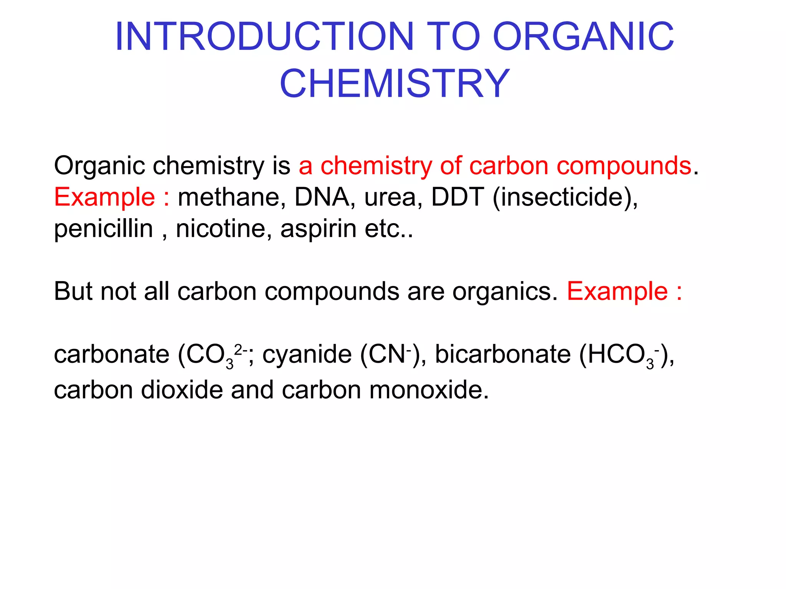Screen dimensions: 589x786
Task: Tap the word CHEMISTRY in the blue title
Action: (x=395, y=84)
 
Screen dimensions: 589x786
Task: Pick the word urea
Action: (x=393, y=198)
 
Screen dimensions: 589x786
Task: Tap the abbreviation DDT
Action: (x=457, y=197)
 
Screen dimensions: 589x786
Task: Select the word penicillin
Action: (x=104, y=229)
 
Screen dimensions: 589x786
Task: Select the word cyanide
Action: (x=307, y=354)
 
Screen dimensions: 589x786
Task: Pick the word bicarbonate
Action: (x=503, y=354)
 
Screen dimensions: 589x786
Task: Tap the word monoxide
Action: (x=426, y=390)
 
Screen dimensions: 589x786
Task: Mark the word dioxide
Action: (x=182, y=390)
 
